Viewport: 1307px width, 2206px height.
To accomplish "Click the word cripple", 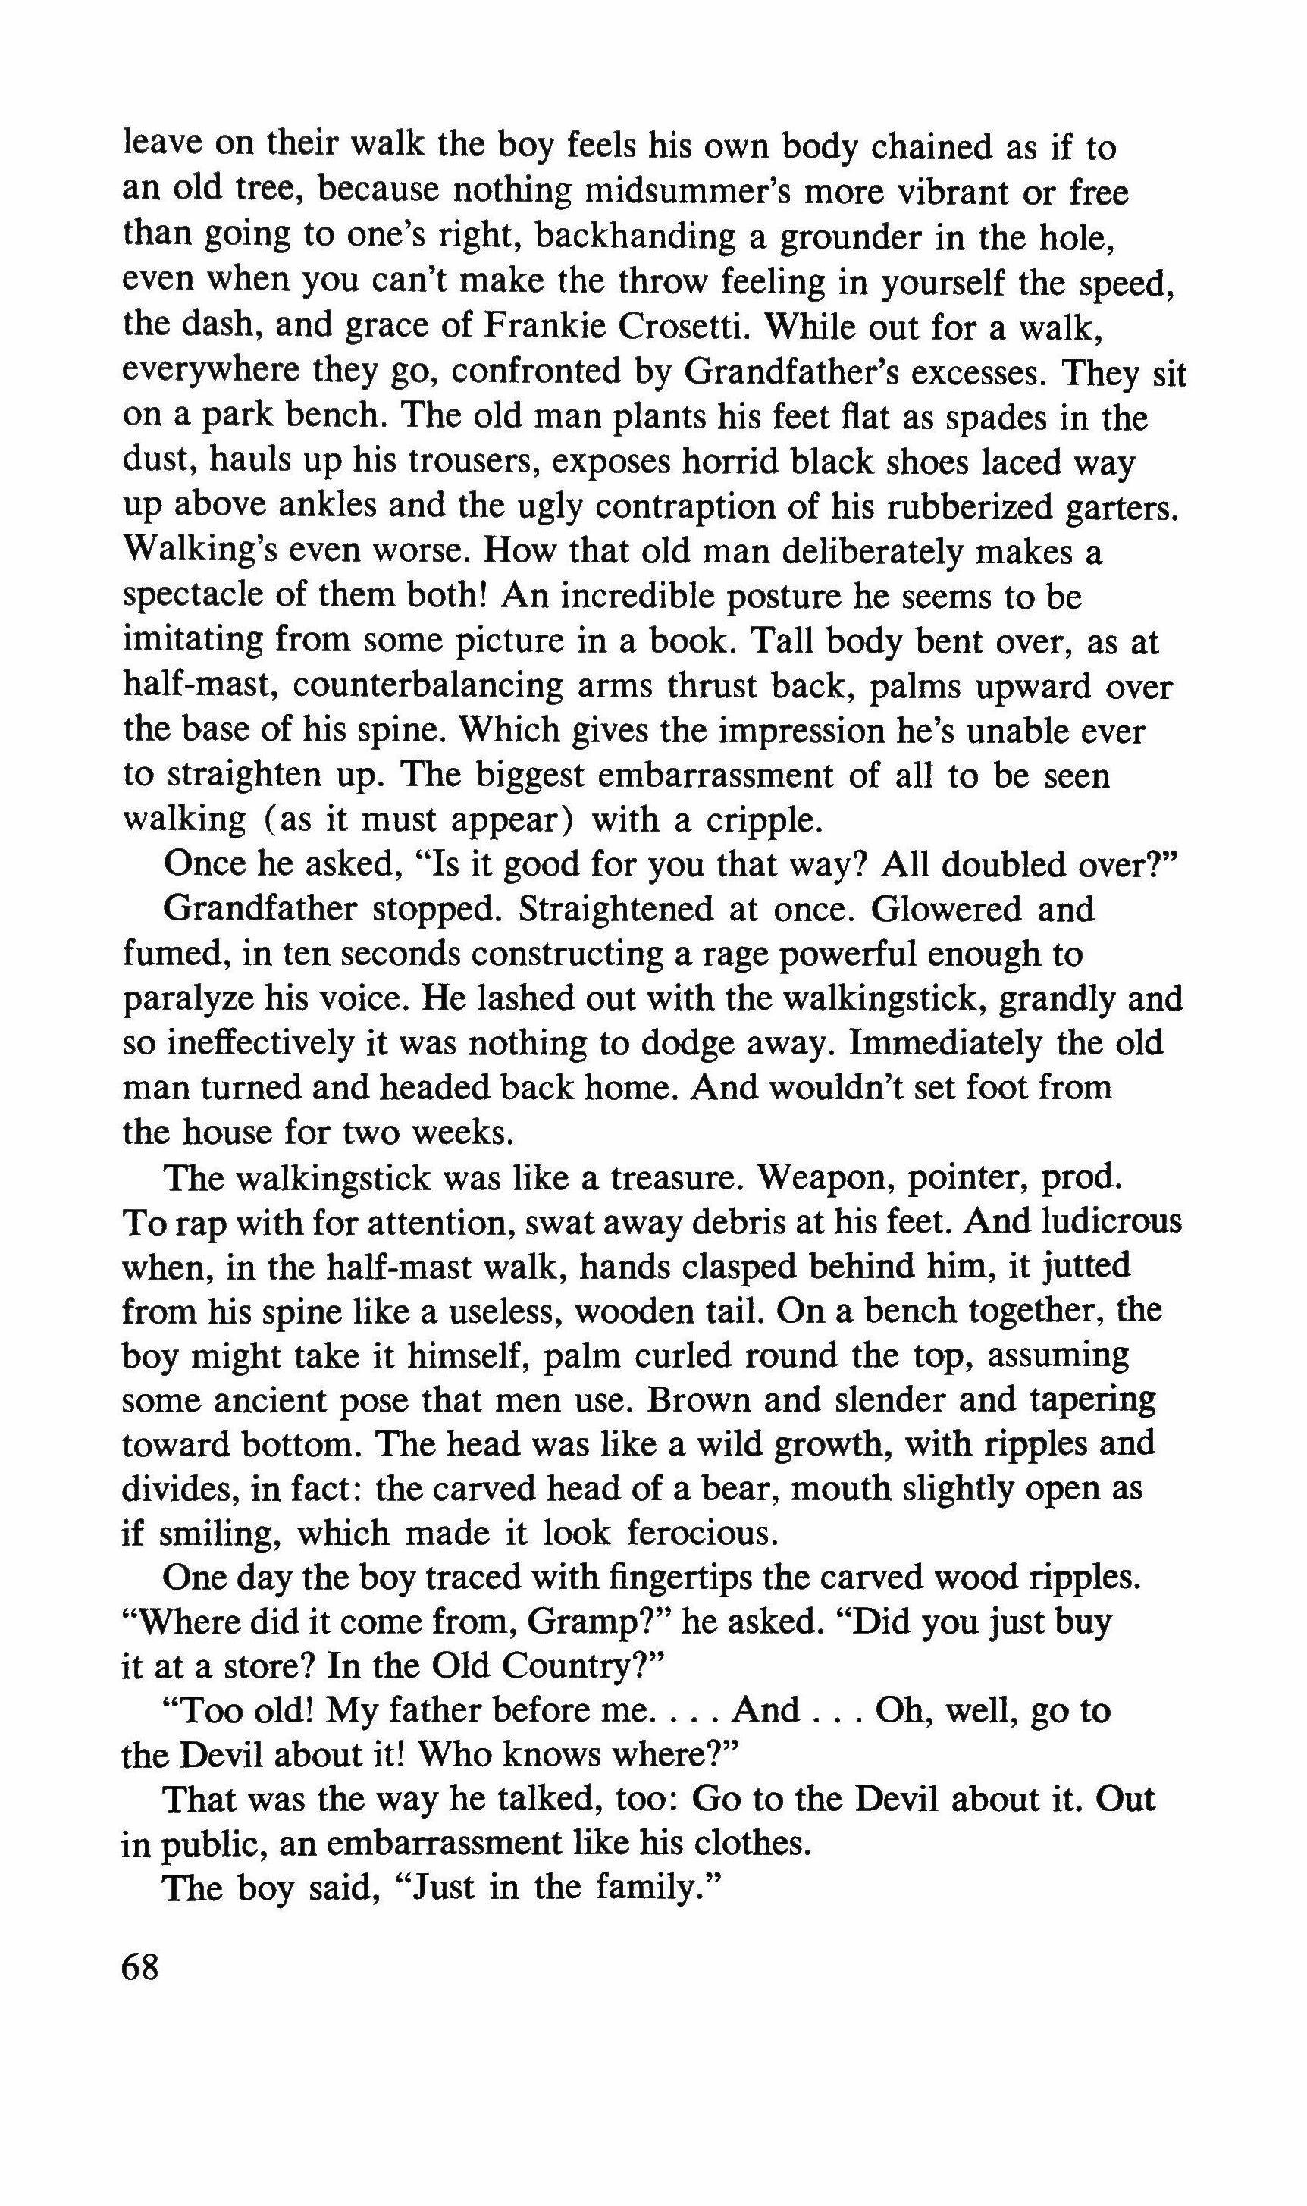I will [x=763, y=821].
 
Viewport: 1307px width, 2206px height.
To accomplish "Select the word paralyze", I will [x=186, y=1000].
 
